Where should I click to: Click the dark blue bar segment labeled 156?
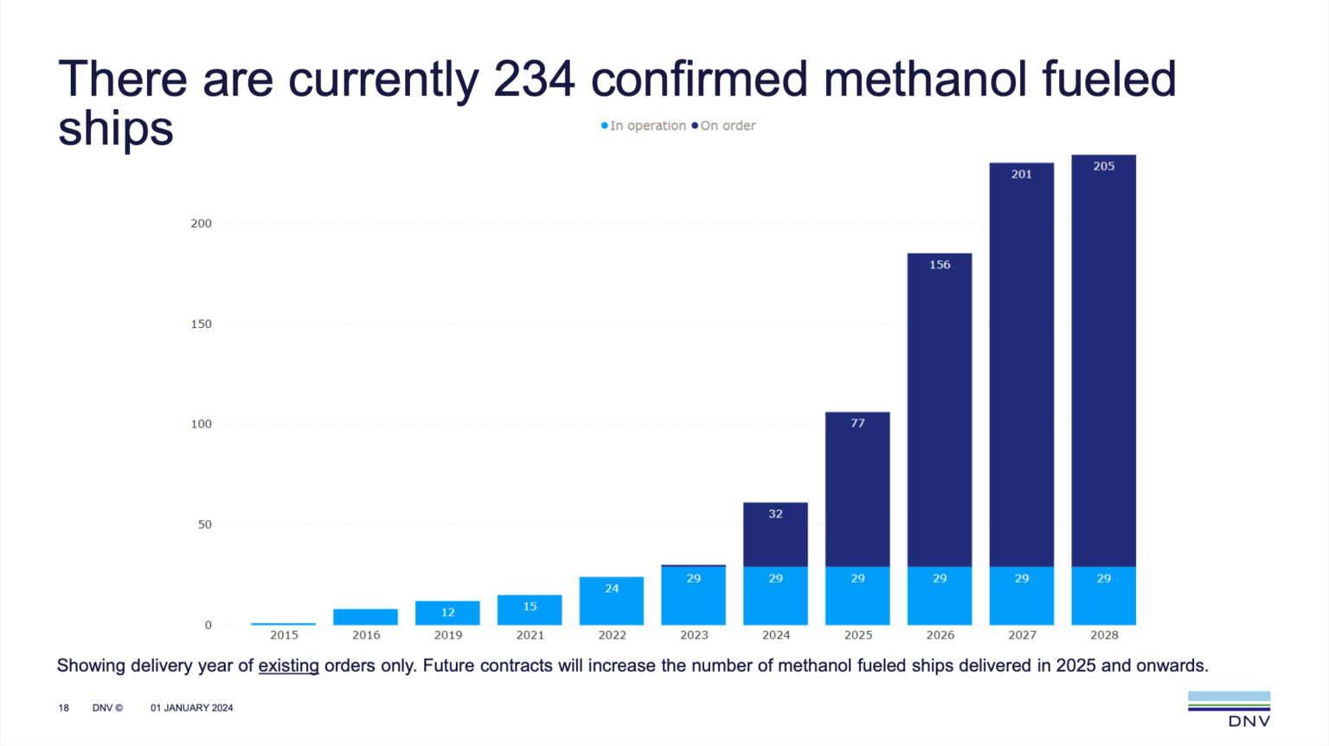940,407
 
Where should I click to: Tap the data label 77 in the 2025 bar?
857,423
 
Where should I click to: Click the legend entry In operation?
644,125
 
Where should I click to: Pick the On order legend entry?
725,125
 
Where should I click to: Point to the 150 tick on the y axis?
201,324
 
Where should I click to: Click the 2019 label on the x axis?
448,634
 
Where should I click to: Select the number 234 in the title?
534,79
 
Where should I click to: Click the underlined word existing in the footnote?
288,666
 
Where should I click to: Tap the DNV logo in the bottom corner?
1229,709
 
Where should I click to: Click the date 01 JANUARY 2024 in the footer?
192,708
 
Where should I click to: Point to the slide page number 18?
63,708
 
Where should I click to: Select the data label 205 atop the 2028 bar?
1103,166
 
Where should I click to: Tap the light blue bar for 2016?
366,617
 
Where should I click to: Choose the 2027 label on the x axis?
1022,634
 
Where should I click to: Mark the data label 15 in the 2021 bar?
530,607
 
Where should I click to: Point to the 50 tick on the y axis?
204,524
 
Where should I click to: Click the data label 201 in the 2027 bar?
1022,174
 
